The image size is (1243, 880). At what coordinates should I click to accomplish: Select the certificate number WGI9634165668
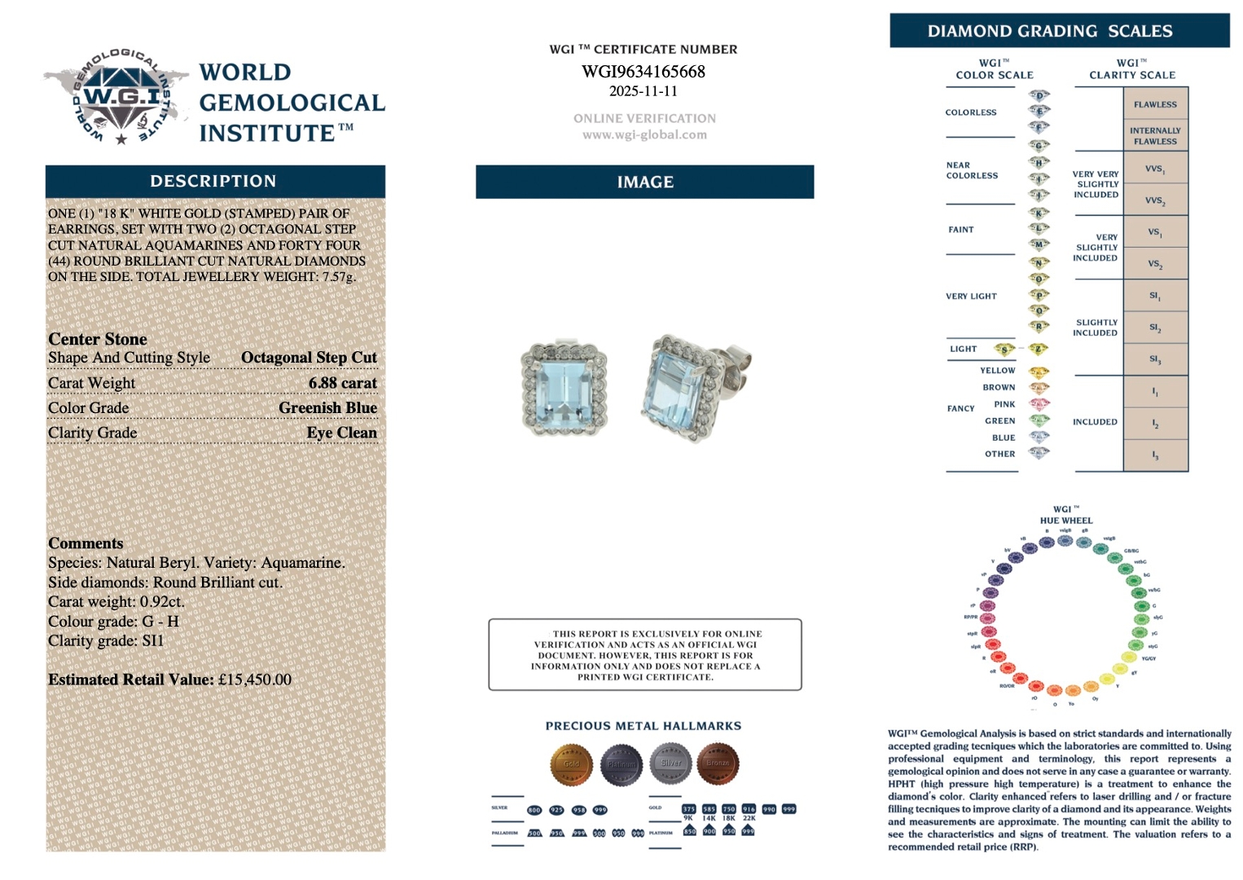(643, 72)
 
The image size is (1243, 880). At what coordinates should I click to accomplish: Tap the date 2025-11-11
(643, 91)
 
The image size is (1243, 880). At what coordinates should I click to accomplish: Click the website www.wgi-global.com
(644, 135)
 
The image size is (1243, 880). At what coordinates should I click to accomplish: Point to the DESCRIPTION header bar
(214, 181)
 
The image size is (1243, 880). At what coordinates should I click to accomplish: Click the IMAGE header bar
(644, 182)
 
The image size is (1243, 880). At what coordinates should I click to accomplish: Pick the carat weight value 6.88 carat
(342, 383)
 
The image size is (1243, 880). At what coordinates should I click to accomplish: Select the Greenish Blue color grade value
(327, 407)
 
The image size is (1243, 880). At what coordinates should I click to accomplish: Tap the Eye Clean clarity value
(341, 433)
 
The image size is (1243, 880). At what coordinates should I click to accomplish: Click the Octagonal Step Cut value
(309, 358)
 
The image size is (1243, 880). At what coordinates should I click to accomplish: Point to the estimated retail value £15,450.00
(254, 680)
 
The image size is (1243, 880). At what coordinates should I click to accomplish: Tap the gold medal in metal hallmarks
(571, 763)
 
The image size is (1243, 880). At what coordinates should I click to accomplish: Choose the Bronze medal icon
(718, 763)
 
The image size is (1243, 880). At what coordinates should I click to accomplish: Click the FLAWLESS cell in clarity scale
(1155, 104)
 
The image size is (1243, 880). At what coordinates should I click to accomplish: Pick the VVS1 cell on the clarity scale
(1155, 169)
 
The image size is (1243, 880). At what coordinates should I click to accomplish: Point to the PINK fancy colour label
(1004, 404)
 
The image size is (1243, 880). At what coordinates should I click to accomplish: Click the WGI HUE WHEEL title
(1065, 515)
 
